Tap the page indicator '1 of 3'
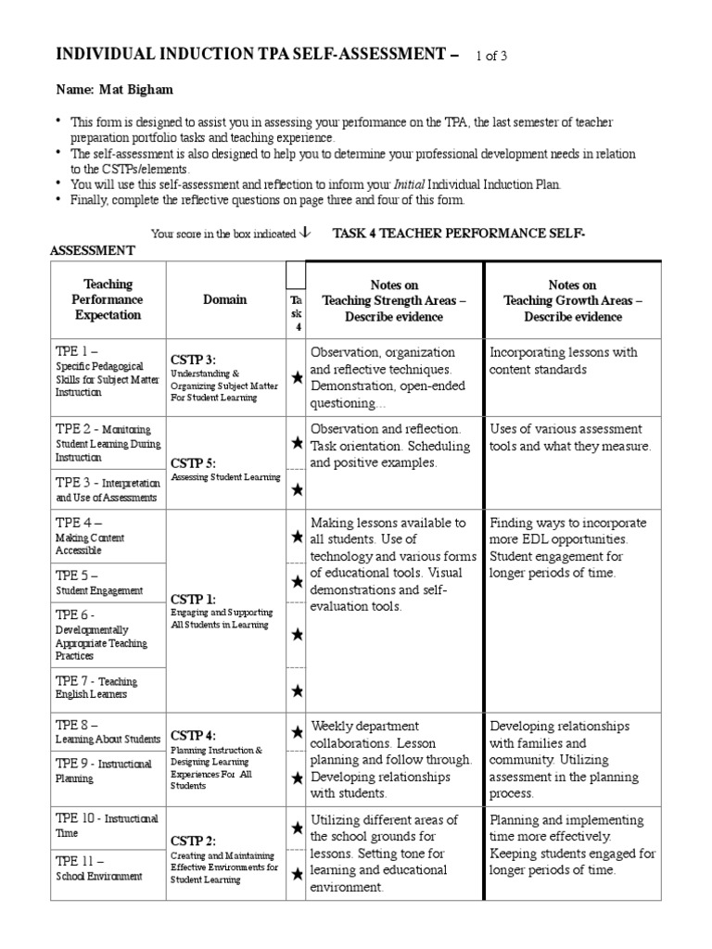click(490, 57)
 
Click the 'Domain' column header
click(225, 299)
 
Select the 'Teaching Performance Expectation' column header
click(108, 299)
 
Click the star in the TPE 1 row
click(297, 377)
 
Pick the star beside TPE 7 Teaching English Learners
click(297, 690)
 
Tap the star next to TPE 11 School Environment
click(297, 873)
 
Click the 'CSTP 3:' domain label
click(193, 360)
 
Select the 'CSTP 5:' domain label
click(193, 462)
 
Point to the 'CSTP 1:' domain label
click(193, 599)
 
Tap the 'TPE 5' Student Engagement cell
click(99, 582)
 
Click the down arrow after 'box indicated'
click(306, 234)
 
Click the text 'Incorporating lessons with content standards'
click(563, 361)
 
